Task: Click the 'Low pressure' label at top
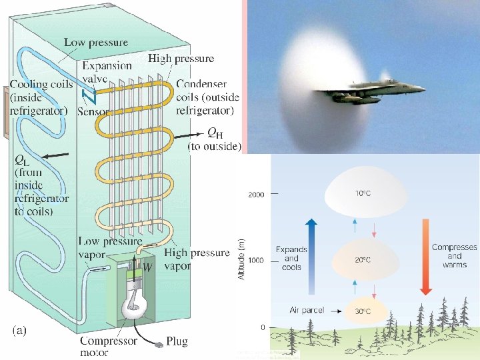tap(95, 43)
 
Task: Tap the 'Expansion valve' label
tap(107, 73)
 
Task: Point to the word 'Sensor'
tap(93, 111)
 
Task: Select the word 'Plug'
tap(177, 341)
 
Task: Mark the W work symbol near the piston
tap(148, 267)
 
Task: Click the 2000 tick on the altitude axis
tap(257, 195)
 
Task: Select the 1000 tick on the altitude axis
tap(257, 260)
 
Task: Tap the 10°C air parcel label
tap(363, 193)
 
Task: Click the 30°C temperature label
tap(363, 311)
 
